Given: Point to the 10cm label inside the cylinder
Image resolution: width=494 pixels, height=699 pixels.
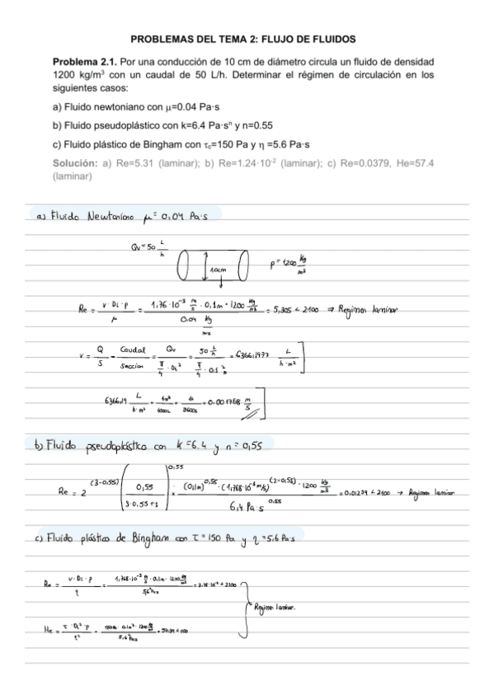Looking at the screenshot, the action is tap(219, 270).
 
